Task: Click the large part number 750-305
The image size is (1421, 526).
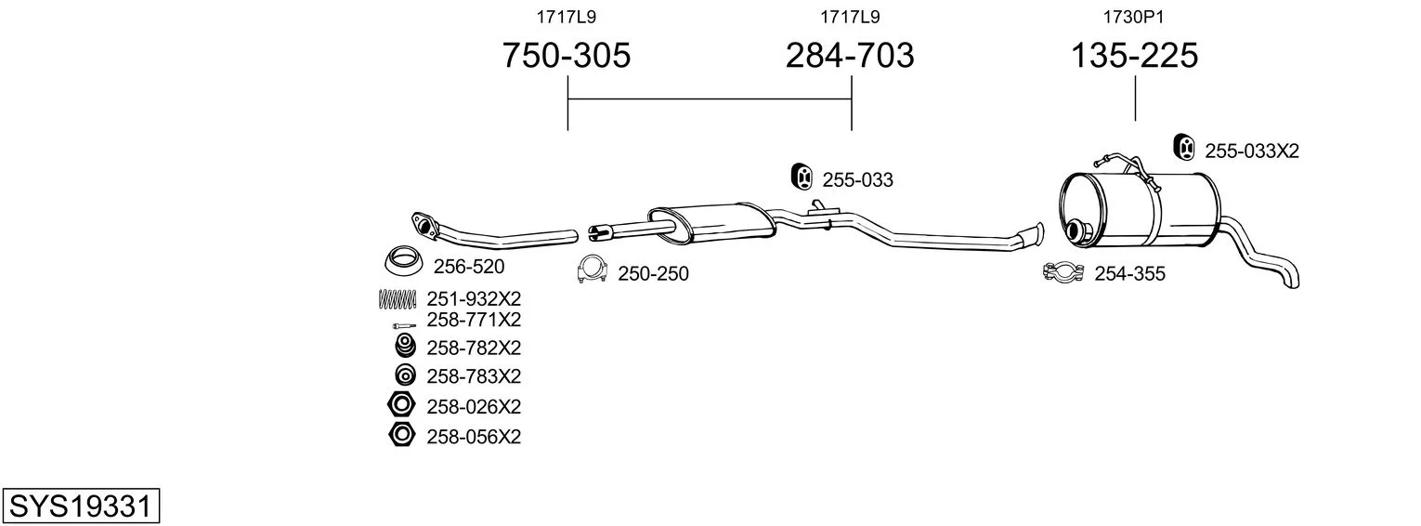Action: point(567,55)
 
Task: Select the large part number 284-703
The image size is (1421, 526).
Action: point(850,55)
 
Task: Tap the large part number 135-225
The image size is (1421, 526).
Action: point(1134,55)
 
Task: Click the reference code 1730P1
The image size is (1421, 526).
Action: point(1133,17)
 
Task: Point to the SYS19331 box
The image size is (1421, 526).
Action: point(81,506)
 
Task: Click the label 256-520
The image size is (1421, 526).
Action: point(469,267)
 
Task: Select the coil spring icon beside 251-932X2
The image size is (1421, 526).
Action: point(398,299)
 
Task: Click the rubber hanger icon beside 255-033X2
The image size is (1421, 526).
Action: point(1184,148)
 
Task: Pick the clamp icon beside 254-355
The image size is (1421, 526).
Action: point(1063,272)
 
